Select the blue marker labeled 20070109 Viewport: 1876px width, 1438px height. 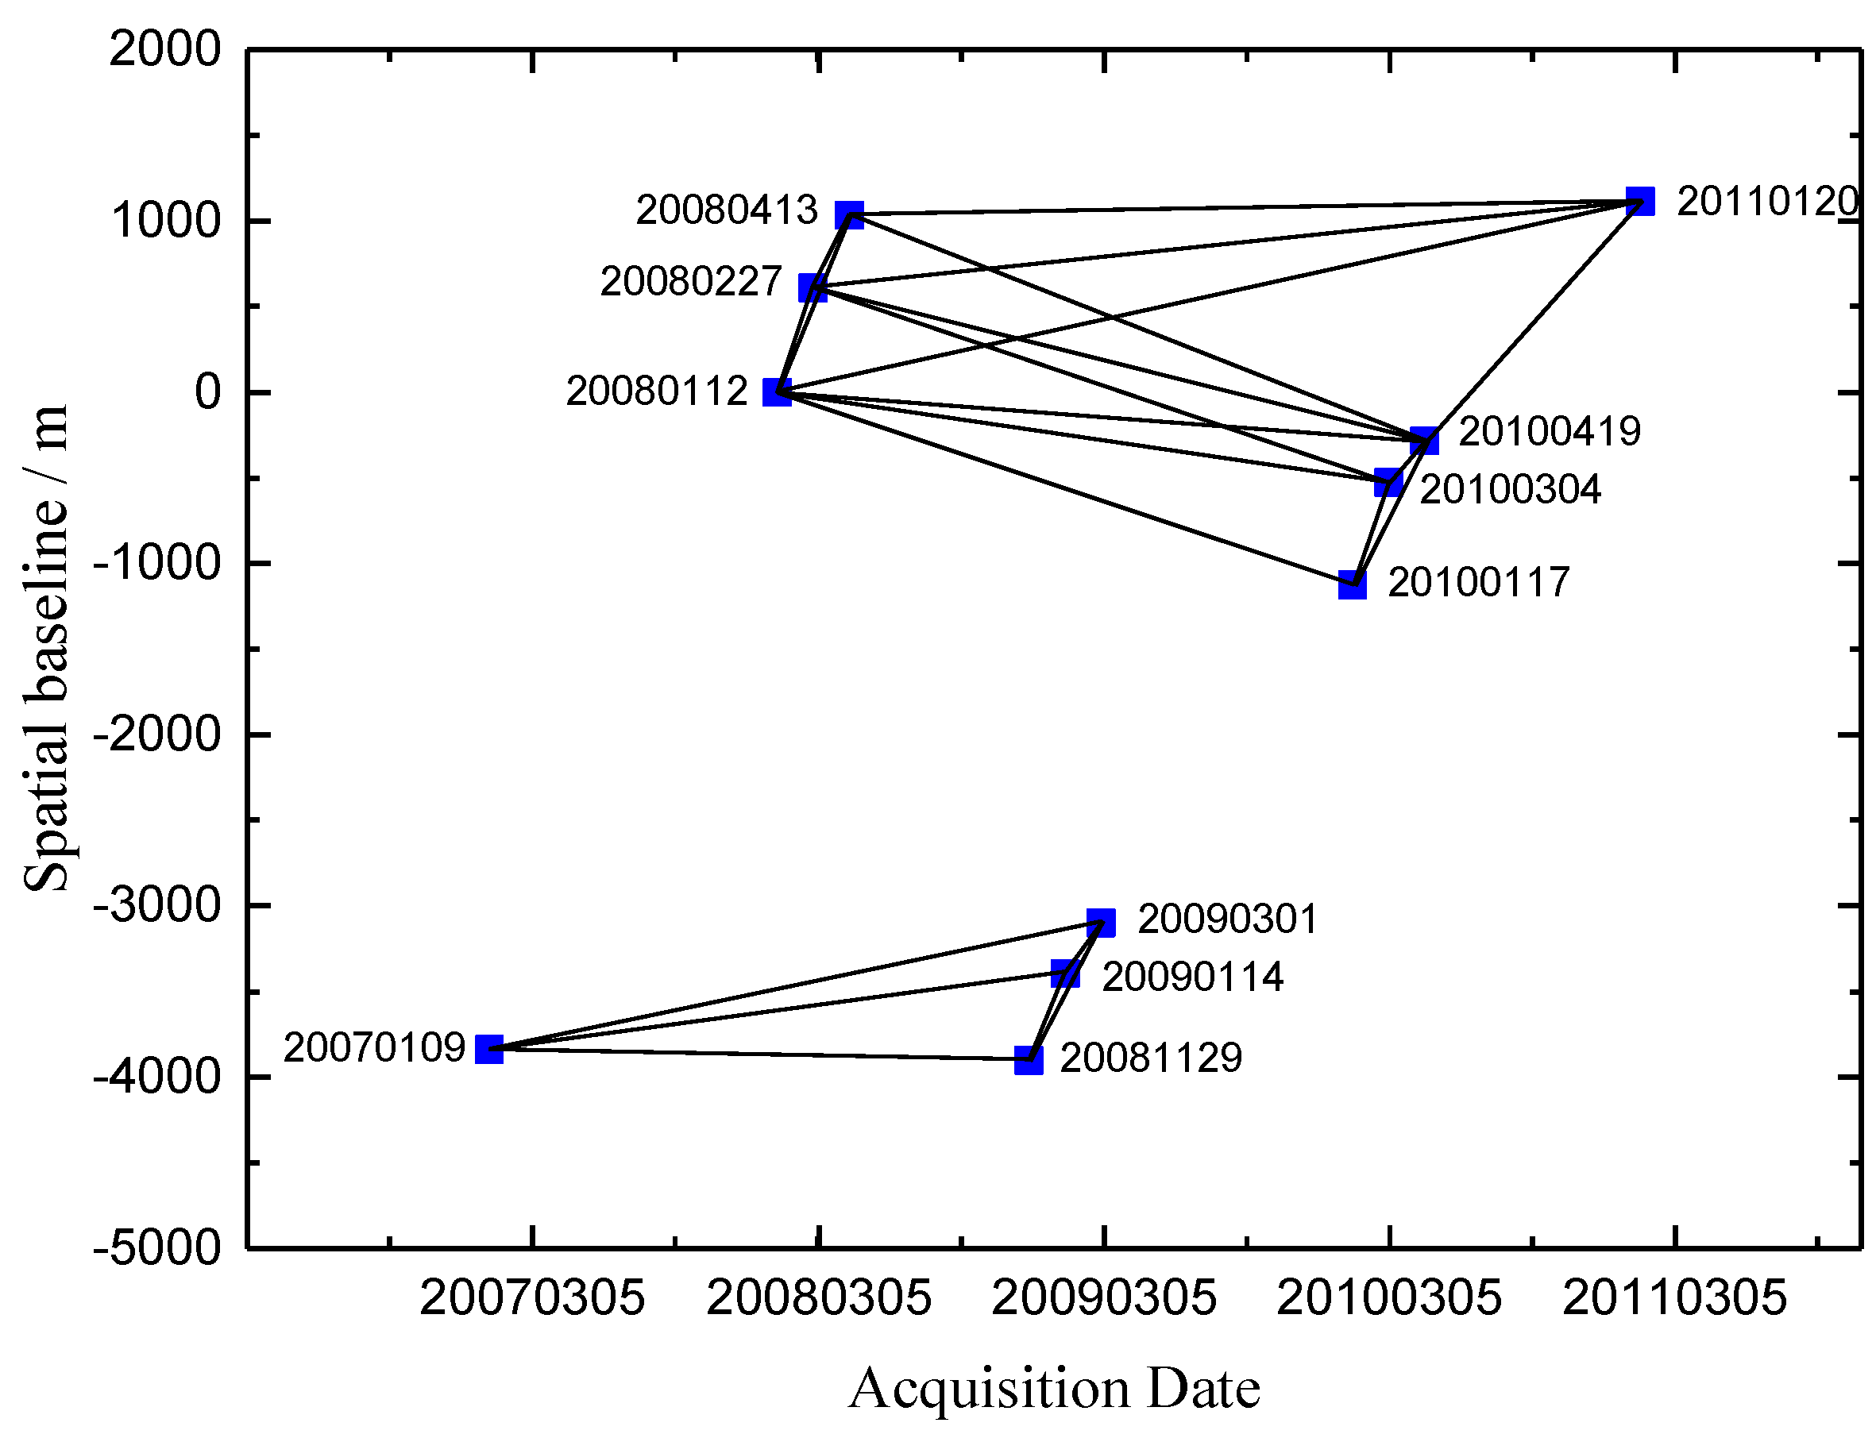[489, 1049]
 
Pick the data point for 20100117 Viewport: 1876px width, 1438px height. [1352, 584]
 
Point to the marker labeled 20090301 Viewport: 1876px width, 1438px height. [1101, 923]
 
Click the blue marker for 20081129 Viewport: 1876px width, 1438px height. [1029, 1061]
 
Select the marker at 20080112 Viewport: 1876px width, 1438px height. [777, 393]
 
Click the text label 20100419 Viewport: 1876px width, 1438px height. [1549, 431]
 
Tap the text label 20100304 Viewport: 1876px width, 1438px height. [1511, 490]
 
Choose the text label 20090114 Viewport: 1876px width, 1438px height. [1192, 977]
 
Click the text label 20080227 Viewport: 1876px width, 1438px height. [691, 282]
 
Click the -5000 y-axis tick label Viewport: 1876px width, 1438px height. [157, 1248]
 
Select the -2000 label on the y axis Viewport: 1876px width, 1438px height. [157, 734]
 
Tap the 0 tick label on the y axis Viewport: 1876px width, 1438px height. [207, 392]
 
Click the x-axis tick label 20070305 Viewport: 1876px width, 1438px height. [531, 1297]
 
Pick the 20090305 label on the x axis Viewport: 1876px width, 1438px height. [1104, 1297]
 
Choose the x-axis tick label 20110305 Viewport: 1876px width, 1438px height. [1675, 1297]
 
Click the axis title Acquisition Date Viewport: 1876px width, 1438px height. [1054, 1388]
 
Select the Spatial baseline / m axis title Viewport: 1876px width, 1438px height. [45, 648]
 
